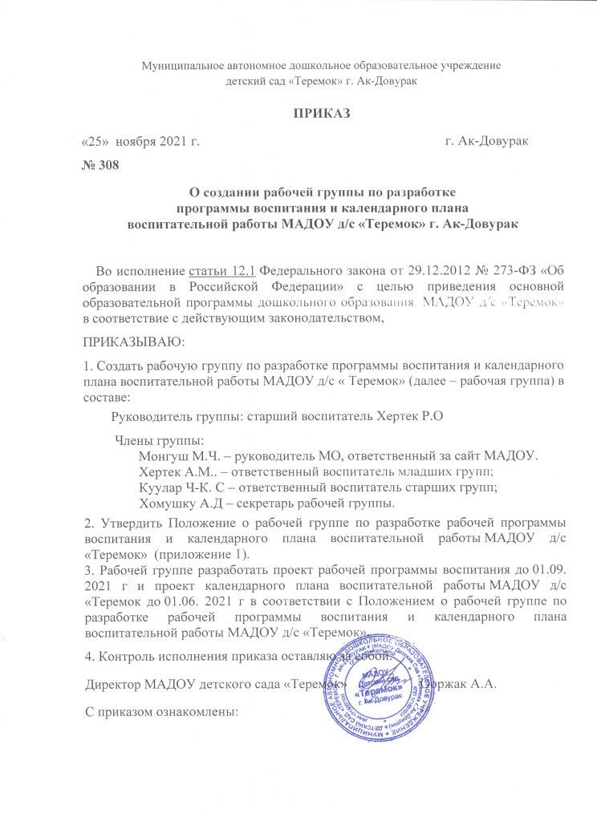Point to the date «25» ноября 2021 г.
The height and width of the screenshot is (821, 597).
click(x=140, y=141)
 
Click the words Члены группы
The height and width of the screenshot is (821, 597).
click(x=159, y=439)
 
